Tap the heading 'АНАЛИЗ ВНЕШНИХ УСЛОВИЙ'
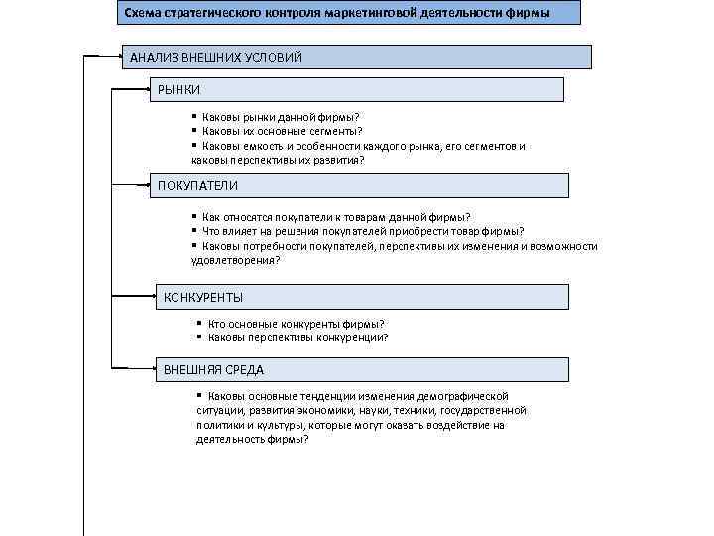point(215,58)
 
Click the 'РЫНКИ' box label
point(178,90)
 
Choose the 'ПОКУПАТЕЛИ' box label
point(197,186)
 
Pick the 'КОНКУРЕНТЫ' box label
point(202,297)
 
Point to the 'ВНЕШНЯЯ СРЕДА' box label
point(213,370)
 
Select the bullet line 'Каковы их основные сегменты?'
point(282,131)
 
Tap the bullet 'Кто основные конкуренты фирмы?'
point(296,324)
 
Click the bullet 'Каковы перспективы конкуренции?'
point(297,337)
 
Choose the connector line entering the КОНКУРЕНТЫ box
point(134,296)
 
